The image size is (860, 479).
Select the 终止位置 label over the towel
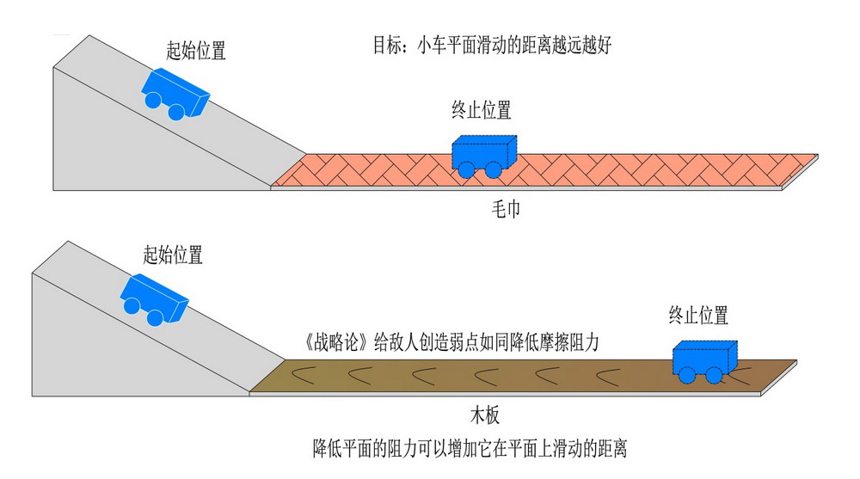click(482, 110)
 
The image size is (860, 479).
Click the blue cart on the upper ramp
click(176, 92)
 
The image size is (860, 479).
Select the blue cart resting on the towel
click(483, 155)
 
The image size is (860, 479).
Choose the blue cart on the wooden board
click(704, 359)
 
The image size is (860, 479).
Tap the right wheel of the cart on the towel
click(494, 169)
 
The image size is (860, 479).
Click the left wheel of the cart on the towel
click(465, 169)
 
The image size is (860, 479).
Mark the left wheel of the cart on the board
click(686, 375)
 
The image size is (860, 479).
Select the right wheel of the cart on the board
click(714, 375)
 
